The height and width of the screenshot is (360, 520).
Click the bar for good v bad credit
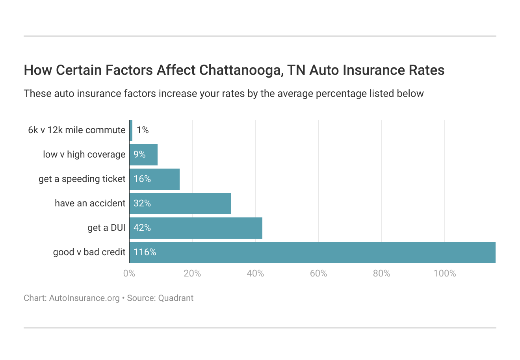pyautogui.click(x=312, y=252)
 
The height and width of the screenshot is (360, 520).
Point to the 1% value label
pyautogui.click(x=143, y=130)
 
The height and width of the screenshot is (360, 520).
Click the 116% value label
pyautogui.click(x=145, y=252)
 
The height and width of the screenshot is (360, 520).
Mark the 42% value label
pyautogui.click(x=142, y=228)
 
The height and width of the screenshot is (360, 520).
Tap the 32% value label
pyautogui.click(x=142, y=203)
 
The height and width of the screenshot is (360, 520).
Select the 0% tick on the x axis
pyautogui.click(x=129, y=273)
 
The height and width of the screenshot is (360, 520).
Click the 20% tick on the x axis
pyautogui.click(x=192, y=273)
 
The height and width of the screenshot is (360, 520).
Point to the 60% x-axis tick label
pyautogui.click(x=318, y=273)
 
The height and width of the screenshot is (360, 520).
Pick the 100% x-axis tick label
pyautogui.click(x=445, y=273)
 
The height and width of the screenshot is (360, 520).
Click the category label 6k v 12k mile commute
pyautogui.click(x=77, y=130)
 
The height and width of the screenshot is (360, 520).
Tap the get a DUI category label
pyautogui.click(x=106, y=228)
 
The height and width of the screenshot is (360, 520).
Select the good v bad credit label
pyautogui.click(x=89, y=252)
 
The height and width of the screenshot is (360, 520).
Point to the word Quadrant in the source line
pyautogui.click(x=176, y=298)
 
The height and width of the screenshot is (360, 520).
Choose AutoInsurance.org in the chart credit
pyautogui.click(x=84, y=298)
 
